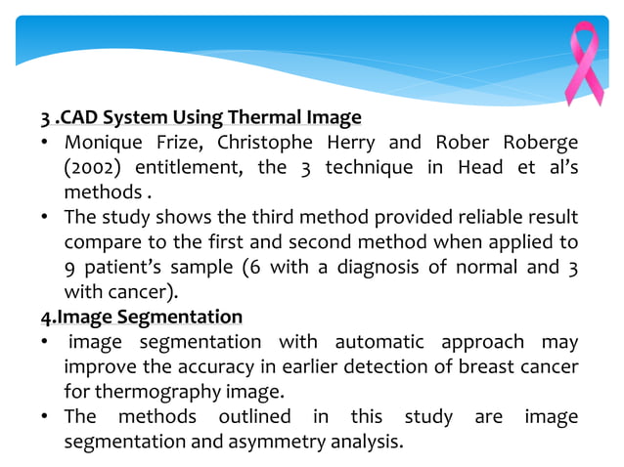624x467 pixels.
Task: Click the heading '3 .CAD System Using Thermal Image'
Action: [x=201, y=118]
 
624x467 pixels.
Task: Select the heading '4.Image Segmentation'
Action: [x=141, y=317]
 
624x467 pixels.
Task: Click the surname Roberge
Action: [x=536, y=143]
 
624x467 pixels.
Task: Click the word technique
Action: [x=365, y=168]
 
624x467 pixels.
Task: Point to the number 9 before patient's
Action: [x=70, y=267]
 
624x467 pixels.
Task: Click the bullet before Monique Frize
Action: [x=45, y=144]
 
